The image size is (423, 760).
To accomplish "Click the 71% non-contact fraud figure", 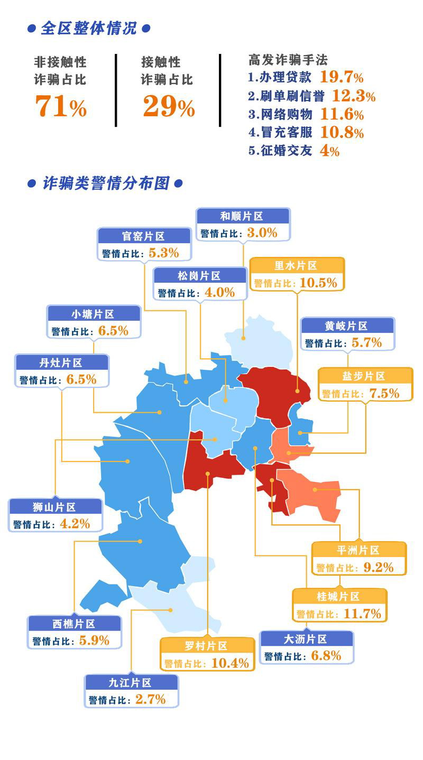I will click(61, 106).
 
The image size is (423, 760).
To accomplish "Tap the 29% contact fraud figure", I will click(169, 106).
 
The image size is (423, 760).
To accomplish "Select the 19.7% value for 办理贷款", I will click(342, 77).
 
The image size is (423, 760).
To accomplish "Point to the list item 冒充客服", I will click(287, 132).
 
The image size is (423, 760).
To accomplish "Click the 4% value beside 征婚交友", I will click(329, 151).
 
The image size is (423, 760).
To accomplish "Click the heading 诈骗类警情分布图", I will click(105, 183).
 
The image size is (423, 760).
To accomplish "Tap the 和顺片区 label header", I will click(243, 216).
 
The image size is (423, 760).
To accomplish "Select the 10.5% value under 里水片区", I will click(318, 283).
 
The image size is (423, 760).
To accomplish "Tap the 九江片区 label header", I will click(131, 683).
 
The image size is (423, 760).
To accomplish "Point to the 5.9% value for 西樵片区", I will click(94, 641).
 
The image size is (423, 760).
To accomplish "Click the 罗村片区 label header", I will click(207, 646).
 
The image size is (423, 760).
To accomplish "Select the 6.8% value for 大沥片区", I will click(326, 656).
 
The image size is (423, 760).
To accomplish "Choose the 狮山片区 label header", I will click(56, 507).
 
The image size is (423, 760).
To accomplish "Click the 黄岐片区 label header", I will click(347, 326).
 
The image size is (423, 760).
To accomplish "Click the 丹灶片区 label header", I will click(62, 363).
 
